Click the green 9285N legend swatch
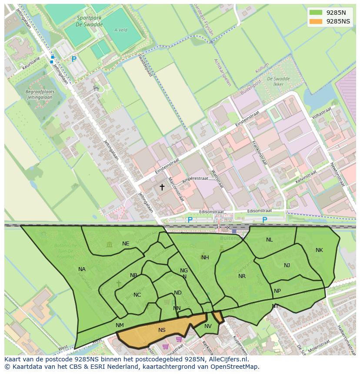coord(316,13)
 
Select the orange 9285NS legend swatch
coord(316,21)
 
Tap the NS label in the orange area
coord(162,330)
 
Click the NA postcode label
coord(82,269)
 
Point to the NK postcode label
coord(319,250)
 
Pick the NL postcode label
coord(270,240)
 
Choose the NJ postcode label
coord(287,265)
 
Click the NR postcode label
coord(242,276)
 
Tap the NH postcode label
coord(205,258)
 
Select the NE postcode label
coord(126,244)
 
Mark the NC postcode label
coord(137,295)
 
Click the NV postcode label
coord(208,326)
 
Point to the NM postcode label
coord(120,325)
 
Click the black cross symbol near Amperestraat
coord(162,187)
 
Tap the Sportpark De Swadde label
coord(90,21)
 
